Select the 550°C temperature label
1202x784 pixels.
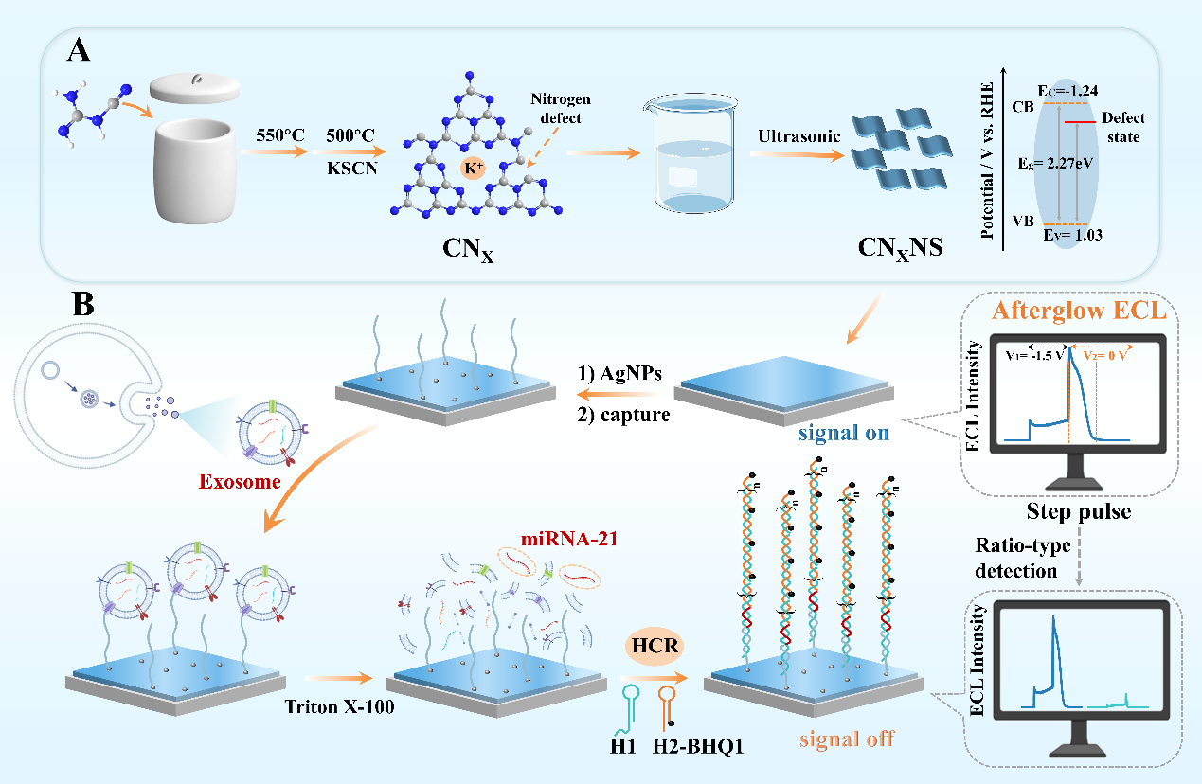click(x=280, y=135)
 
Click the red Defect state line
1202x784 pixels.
click(x=1080, y=121)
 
